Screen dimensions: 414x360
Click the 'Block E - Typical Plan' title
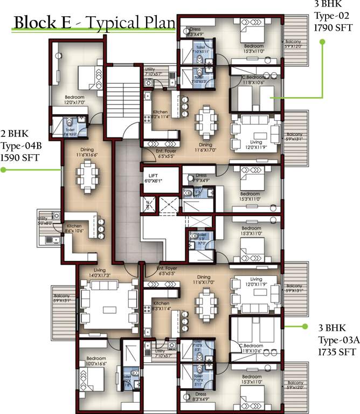[94, 23]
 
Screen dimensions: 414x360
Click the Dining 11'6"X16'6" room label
[87, 153]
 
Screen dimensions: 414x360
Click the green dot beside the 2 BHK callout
[3, 170]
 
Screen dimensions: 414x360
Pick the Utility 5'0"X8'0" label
[45, 217]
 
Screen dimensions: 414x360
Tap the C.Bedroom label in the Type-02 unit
[253, 80]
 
